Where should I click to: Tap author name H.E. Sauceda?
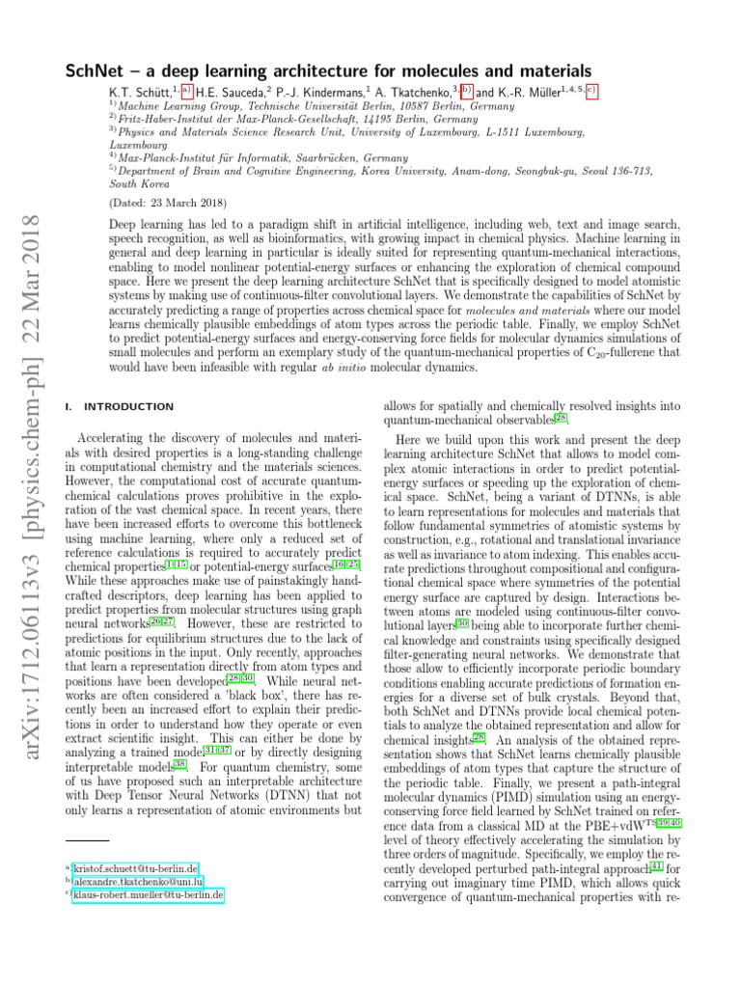coord(233,92)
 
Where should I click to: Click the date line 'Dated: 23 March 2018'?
coord(161,205)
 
